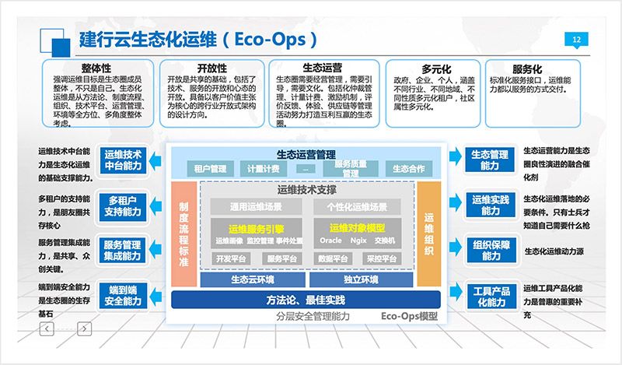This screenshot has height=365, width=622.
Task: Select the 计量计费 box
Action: point(263,168)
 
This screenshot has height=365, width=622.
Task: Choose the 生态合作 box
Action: point(408,168)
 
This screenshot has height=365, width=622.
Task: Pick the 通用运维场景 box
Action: point(255,207)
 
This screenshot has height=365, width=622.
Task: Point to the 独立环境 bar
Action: point(360,279)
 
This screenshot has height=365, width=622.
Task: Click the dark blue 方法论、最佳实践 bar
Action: point(305,300)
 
